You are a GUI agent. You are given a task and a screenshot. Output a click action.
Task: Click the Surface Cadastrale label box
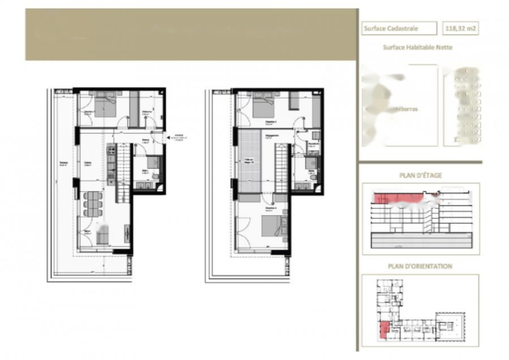399,28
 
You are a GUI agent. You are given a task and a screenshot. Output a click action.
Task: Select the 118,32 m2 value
460,28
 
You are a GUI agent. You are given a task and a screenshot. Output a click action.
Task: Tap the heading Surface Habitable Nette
417,48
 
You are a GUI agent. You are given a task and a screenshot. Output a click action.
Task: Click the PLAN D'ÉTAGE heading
420,175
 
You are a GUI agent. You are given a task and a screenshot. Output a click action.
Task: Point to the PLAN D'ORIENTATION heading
420,266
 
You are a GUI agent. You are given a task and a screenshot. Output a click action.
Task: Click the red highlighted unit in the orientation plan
383,329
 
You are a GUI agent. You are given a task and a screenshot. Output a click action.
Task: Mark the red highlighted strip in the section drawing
396,198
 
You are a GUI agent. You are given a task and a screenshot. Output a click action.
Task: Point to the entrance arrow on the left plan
169,136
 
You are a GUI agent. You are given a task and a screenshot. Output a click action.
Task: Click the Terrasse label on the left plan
63,164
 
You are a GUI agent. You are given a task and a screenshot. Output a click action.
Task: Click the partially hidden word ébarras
407,109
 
